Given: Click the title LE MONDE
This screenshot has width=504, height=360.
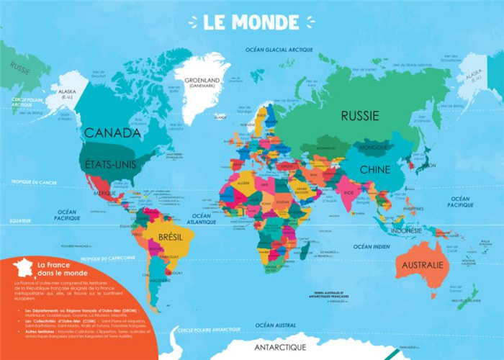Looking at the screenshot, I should [x=252, y=22].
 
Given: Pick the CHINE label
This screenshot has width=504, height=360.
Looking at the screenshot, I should [x=375, y=170].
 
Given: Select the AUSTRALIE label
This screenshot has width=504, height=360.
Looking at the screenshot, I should [x=422, y=265].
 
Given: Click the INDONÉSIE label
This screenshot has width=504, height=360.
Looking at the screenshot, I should [x=407, y=230].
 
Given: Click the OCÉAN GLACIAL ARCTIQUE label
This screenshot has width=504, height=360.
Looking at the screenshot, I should [x=279, y=50].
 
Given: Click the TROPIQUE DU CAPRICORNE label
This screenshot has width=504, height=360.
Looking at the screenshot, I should [x=109, y=258].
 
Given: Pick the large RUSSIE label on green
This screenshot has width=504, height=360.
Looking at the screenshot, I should [x=359, y=114].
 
